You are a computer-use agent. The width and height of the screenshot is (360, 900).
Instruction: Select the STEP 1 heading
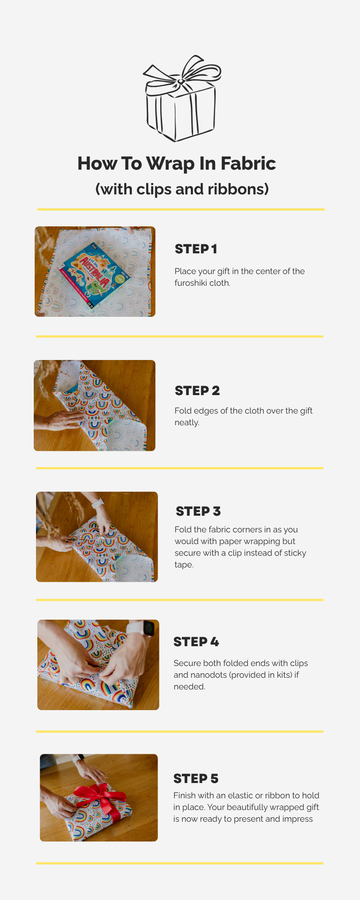point(196,249)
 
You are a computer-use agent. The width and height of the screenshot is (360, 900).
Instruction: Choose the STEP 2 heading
point(197,391)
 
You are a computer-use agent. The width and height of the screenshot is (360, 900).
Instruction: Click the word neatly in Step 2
point(187,423)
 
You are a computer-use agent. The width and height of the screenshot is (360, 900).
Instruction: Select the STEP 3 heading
point(198,511)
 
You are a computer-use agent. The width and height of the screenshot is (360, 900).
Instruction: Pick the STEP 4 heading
point(196,642)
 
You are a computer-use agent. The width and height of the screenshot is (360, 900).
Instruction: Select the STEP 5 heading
point(196,778)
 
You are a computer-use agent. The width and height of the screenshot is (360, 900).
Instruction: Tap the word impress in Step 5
point(297,819)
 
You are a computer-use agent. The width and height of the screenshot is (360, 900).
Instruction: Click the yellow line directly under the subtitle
point(180,209)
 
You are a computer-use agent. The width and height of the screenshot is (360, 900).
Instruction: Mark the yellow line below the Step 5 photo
point(180,863)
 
